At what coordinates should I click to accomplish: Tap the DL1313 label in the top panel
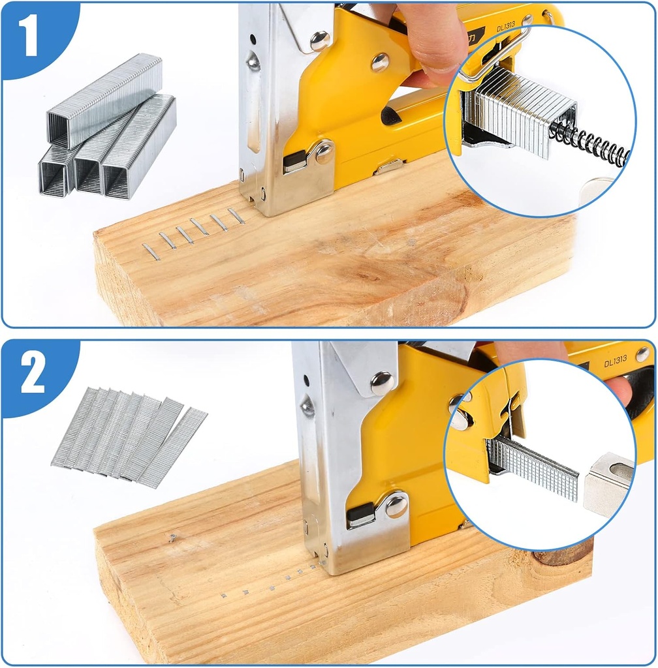pyautogui.click(x=506, y=27)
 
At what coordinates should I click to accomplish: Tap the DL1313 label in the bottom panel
pyautogui.click(x=615, y=359)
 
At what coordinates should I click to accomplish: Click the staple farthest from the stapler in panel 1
pyautogui.click(x=151, y=252)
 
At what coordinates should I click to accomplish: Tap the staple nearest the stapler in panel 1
pyautogui.click(x=236, y=216)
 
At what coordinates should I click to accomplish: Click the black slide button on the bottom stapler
pyautogui.click(x=361, y=515)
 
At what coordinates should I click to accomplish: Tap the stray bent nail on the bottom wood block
pyautogui.click(x=172, y=537)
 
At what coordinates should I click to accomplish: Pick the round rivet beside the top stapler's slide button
pyautogui.click(x=323, y=152)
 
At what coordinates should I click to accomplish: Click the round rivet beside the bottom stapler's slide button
pyautogui.click(x=396, y=506)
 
